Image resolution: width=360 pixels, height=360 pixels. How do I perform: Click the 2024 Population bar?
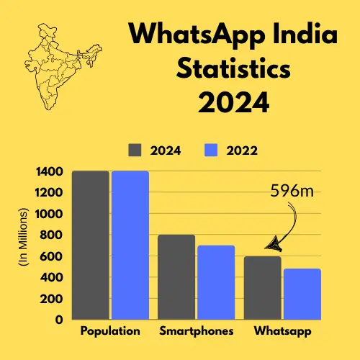[x=91, y=245]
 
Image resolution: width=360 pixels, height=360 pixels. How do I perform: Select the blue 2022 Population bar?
[x=130, y=245]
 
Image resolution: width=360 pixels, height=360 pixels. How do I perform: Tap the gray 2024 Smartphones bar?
[x=176, y=277]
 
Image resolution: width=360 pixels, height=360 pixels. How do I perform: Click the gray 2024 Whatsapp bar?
[x=263, y=288]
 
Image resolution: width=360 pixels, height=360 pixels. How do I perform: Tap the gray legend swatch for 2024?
[x=136, y=150]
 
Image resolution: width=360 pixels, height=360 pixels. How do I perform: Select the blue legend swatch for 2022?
[x=212, y=150]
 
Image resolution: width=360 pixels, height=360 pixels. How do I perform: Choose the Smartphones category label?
[x=197, y=332]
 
